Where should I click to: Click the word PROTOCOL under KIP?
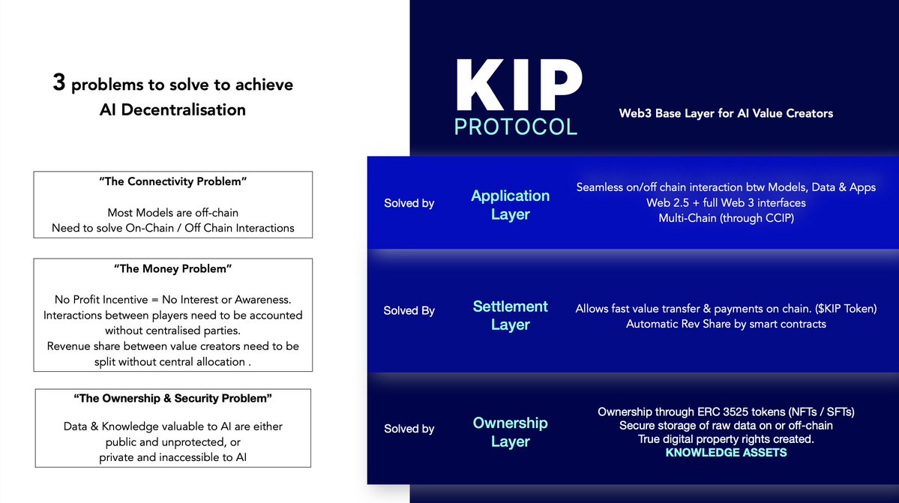[x=516, y=126]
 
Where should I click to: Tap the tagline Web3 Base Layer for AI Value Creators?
[x=726, y=113]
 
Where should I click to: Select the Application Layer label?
[x=510, y=205]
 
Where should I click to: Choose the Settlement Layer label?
[x=510, y=316]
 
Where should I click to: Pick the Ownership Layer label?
[x=510, y=432]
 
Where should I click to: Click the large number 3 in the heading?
[x=58, y=83]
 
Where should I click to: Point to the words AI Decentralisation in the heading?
[x=172, y=109]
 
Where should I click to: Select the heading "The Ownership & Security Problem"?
[x=172, y=397]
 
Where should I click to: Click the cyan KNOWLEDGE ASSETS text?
[x=726, y=453]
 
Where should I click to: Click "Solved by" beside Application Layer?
[x=409, y=203]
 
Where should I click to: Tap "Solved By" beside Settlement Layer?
[x=409, y=310]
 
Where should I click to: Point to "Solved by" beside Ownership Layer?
[x=409, y=429]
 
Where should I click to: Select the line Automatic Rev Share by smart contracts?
[x=726, y=324]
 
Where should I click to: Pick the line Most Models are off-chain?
[x=172, y=213]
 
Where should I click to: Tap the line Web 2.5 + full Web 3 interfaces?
[x=726, y=202]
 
